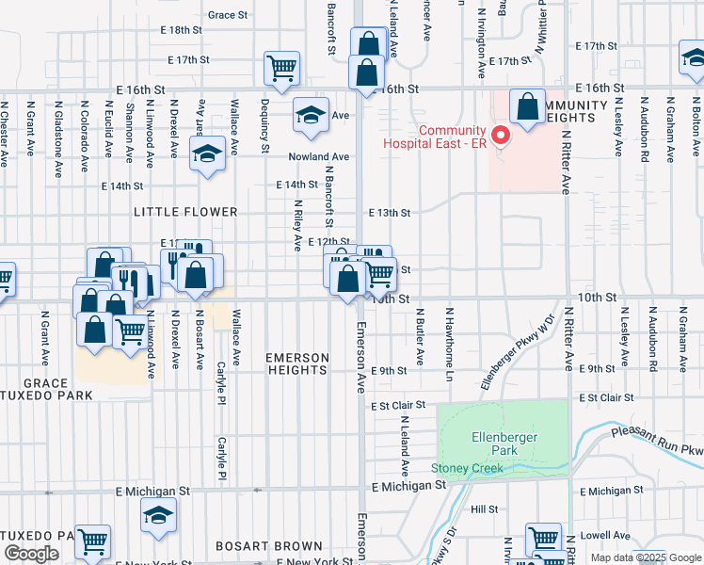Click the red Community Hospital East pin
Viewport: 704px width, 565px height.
click(501, 137)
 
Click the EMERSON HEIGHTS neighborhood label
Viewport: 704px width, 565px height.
click(297, 364)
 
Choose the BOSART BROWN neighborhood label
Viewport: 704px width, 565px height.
click(268, 546)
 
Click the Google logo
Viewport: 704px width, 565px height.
click(31, 554)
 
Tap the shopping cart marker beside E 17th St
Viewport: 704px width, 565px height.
click(281, 67)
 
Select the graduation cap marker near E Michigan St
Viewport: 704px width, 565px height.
click(158, 514)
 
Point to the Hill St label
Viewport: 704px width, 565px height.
click(485, 508)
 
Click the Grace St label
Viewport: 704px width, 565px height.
click(228, 15)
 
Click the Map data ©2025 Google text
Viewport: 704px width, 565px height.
click(644, 557)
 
